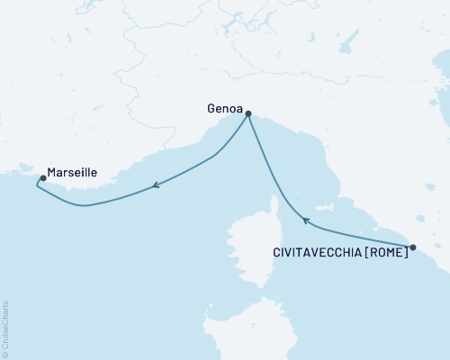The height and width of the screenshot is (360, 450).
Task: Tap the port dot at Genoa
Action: coord(247,114)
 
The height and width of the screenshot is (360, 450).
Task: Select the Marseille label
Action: coord(73,169)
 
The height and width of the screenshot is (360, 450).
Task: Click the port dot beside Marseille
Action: coord(43,178)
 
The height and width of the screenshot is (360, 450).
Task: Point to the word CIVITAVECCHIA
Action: coord(316,254)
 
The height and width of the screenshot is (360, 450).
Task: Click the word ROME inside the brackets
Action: coord(386,254)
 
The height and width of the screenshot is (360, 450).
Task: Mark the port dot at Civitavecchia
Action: coord(412,247)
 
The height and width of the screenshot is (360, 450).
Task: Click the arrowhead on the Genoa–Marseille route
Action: coord(156,186)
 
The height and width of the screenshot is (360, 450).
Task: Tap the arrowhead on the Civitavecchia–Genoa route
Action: coord(305,220)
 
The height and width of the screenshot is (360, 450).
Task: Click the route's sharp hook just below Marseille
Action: coord(38,184)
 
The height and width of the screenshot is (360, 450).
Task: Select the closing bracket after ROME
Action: coord(406,254)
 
